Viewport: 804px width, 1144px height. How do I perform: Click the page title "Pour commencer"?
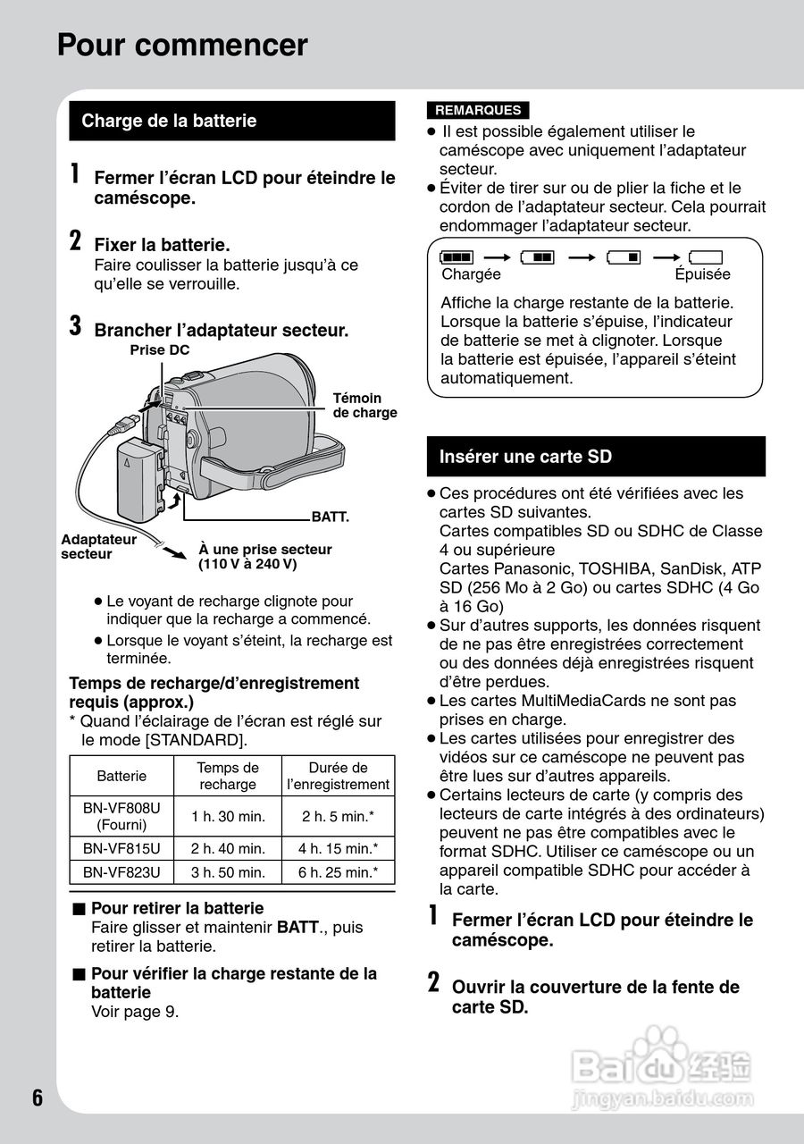182,45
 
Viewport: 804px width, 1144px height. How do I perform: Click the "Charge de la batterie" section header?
169,121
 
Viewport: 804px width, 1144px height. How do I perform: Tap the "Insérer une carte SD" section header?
525,457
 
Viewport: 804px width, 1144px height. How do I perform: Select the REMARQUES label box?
477,110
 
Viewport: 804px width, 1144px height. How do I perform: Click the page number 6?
38,1098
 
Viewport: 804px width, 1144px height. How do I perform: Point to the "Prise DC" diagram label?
160,349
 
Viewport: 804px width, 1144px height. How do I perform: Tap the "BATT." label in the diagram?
329,517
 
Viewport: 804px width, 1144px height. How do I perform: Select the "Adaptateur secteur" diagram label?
98,546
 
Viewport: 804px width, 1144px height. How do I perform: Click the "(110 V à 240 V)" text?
247,565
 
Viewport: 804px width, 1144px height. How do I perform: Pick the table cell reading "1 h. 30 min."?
228,816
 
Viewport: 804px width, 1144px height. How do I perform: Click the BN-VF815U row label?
121,848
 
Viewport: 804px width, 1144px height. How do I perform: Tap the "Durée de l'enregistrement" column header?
338,776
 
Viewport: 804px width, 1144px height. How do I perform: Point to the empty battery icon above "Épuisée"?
705,257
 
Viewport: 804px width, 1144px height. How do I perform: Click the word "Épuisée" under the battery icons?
702,274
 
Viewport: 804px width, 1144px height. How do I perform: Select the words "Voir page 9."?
135,1012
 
